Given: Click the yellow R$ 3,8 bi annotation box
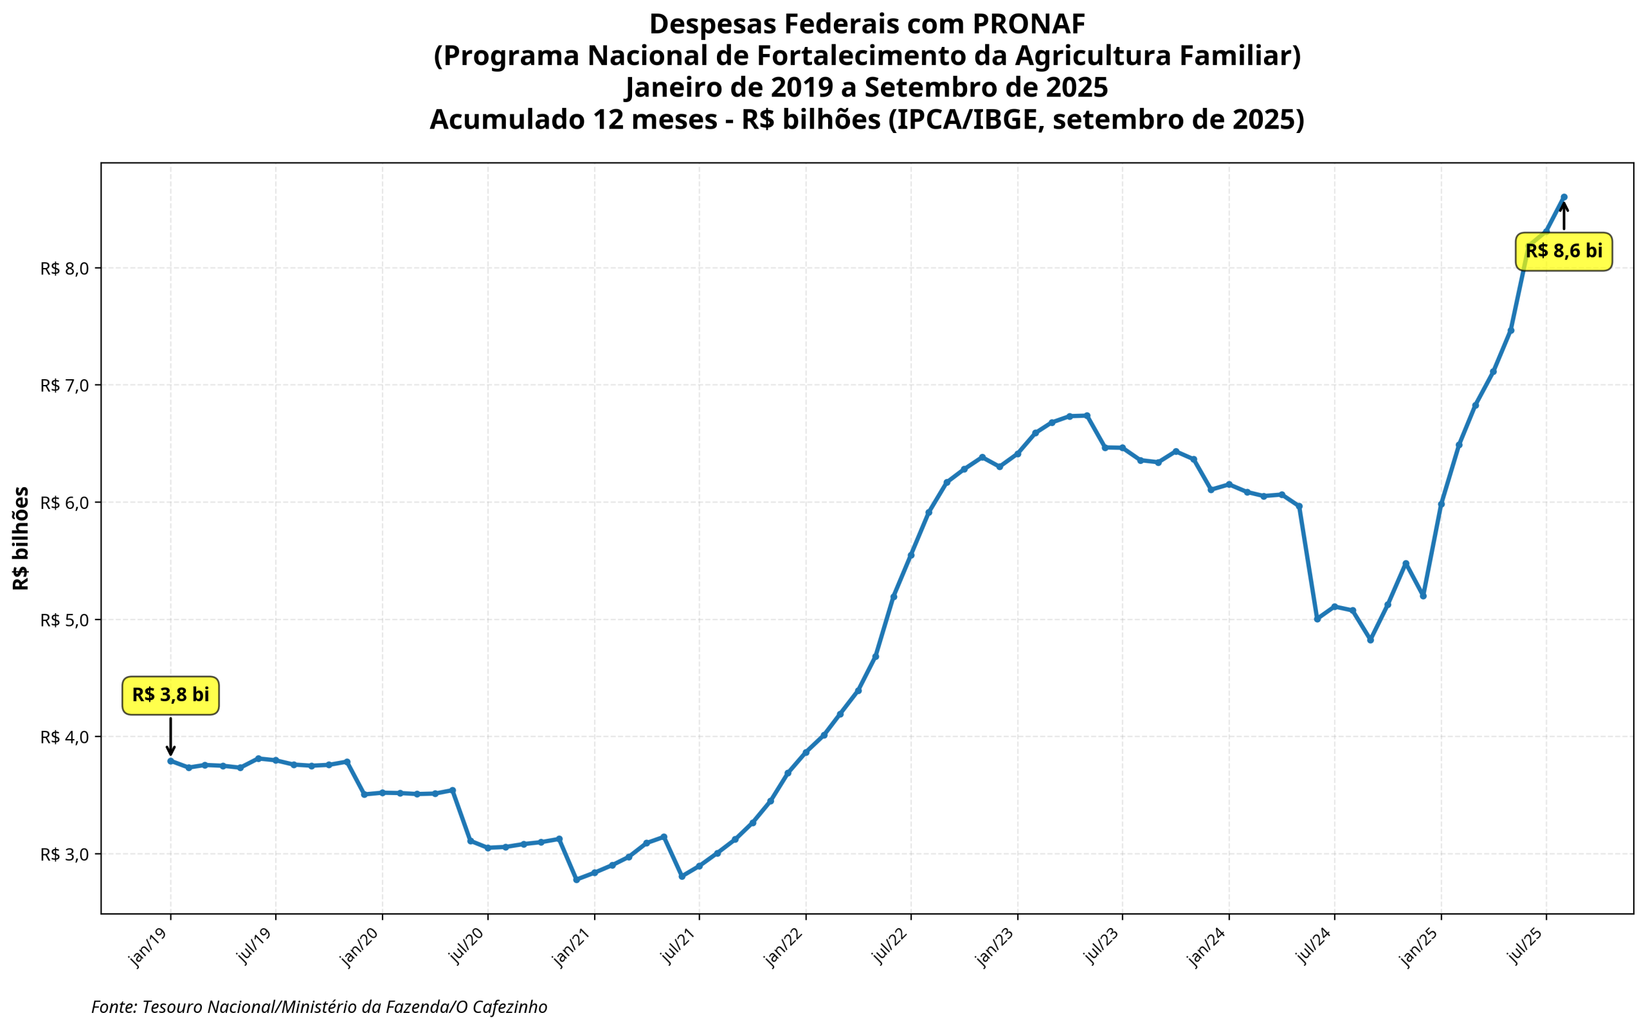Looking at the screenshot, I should [x=170, y=695].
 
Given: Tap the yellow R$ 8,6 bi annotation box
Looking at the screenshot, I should [x=1563, y=251].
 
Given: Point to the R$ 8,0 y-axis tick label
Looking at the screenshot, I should [x=65, y=269].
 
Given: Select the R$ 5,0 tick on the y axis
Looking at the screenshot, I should [x=65, y=620].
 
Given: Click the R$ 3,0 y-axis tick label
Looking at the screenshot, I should [x=65, y=855].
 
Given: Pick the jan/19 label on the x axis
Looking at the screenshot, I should [x=149, y=947].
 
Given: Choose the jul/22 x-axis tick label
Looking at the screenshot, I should [x=890, y=947].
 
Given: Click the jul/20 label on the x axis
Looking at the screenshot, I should [x=466, y=947].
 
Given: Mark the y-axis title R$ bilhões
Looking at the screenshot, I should [x=21, y=538].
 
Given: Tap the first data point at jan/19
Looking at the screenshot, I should [x=170, y=761].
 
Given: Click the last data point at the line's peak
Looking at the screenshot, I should [x=1564, y=197].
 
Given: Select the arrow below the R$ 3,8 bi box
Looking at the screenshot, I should [x=170, y=737].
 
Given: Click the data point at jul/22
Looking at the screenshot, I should [x=911, y=555].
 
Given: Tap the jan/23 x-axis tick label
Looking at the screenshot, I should [x=996, y=947].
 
